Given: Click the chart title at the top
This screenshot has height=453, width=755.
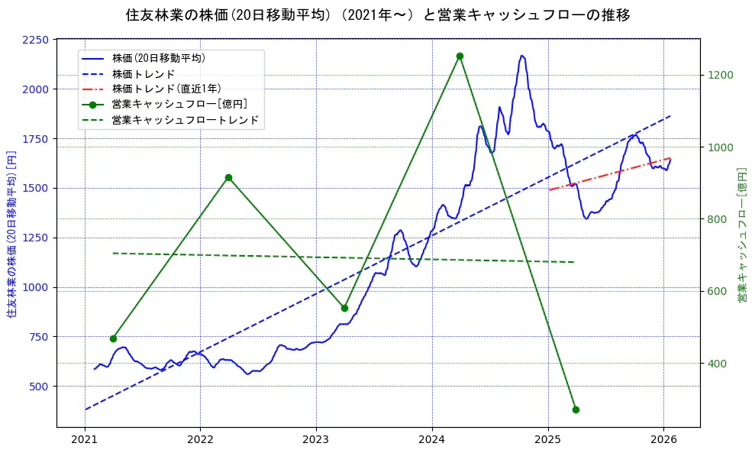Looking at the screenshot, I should pos(378,15).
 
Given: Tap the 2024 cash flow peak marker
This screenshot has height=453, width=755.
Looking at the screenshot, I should pos(460,56).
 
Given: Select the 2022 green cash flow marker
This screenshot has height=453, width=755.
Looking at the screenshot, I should pos(228,178).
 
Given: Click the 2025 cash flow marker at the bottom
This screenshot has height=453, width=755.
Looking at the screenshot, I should pos(576,409).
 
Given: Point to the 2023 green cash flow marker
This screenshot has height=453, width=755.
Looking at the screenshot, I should pos(344,308).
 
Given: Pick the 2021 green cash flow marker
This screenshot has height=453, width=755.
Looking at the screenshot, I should pos(113,338).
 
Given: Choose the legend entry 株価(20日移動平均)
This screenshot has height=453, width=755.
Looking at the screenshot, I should pos(158,58).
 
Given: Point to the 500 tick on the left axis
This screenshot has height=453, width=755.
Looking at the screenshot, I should pos(38,387).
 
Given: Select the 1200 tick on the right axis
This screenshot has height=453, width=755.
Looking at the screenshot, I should pos(721,75).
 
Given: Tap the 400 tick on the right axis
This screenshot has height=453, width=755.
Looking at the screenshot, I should pos(718,364).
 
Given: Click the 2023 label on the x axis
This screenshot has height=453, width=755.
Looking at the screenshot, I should pos(316,440).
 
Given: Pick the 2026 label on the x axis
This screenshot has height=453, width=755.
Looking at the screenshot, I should pos(663,440).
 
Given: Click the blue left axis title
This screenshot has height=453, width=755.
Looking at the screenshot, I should pos(11,233).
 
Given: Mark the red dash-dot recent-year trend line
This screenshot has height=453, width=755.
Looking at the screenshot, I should pos(611,173).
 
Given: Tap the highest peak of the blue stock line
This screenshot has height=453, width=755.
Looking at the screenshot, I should pos(522,56).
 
